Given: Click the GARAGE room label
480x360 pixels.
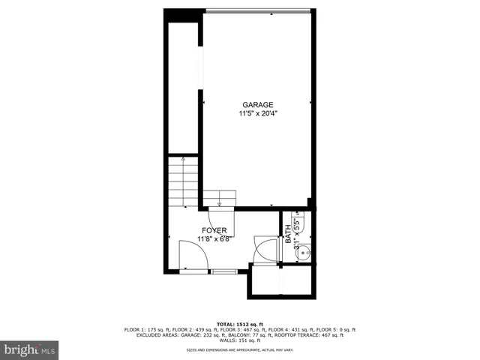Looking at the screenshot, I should [257, 105].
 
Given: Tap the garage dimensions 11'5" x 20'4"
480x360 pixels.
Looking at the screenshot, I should [257, 114].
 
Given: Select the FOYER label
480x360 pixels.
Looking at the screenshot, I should [214, 230].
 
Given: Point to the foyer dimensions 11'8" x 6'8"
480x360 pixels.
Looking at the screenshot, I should [214, 239].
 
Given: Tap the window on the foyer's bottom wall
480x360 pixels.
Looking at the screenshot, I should [223, 270].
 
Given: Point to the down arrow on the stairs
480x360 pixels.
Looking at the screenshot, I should [220, 200].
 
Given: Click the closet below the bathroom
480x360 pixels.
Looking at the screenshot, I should [280, 283].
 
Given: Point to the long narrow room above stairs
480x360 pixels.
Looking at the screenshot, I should [182, 86].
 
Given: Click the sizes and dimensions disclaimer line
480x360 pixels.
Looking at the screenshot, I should [239, 350].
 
